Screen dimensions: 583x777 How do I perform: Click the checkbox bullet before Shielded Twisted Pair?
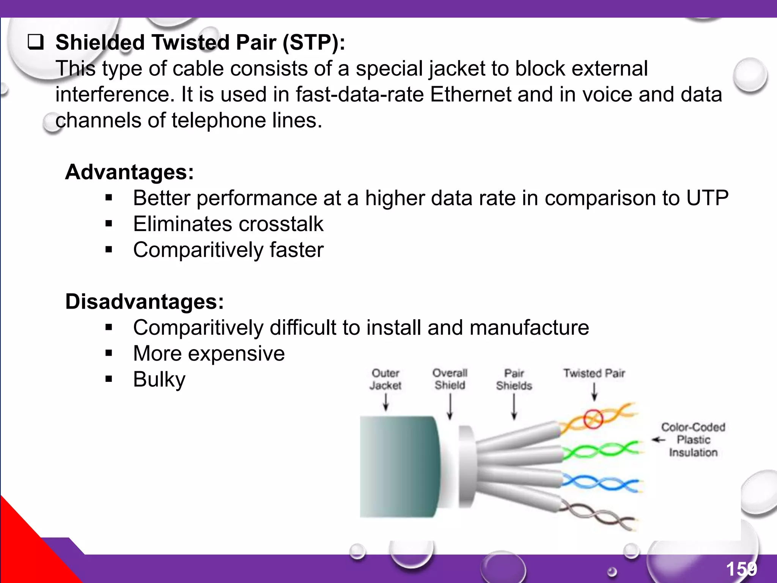36,42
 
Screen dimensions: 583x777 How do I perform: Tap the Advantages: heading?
129,172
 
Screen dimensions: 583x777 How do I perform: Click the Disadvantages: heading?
145,302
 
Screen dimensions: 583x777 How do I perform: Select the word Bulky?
159,379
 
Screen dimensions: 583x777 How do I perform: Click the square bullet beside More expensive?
109,353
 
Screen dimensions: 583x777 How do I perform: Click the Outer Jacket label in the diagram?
385,379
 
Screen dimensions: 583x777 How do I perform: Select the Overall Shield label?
450,379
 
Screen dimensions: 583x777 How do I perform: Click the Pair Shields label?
514,379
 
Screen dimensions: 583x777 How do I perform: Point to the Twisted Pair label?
594,373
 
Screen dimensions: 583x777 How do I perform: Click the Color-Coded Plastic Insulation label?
693,440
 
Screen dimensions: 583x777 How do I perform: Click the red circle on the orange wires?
593,419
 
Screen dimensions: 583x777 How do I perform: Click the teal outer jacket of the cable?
398,467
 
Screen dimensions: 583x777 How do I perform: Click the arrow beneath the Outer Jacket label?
386,402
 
